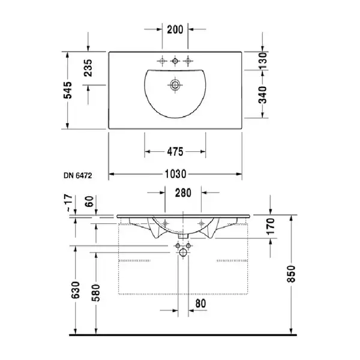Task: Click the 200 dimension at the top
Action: [175, 29]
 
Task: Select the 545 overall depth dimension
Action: [68, 90]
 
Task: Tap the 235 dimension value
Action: [88, 68]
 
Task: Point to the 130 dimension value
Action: [263, 61]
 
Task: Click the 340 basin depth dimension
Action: [263, 95]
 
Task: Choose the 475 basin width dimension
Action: [175, 152]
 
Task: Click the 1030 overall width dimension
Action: [176, 174]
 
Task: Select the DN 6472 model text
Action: [77, 176]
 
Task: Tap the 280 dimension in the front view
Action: [183, 193]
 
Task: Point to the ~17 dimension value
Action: [69, 203]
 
